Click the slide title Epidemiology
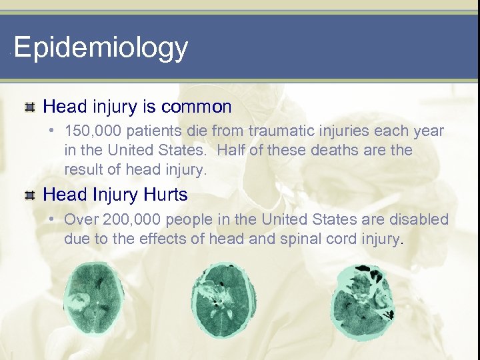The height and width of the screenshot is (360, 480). (101, 48)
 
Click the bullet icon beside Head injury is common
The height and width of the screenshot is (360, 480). (29, 107)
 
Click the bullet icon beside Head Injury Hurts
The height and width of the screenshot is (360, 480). (29, 195)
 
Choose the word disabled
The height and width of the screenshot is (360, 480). (423, 219)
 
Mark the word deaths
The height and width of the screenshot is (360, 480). (327, 151)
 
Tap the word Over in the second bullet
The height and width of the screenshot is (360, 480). (81, 219)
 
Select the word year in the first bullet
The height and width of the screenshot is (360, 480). (429, 131)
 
